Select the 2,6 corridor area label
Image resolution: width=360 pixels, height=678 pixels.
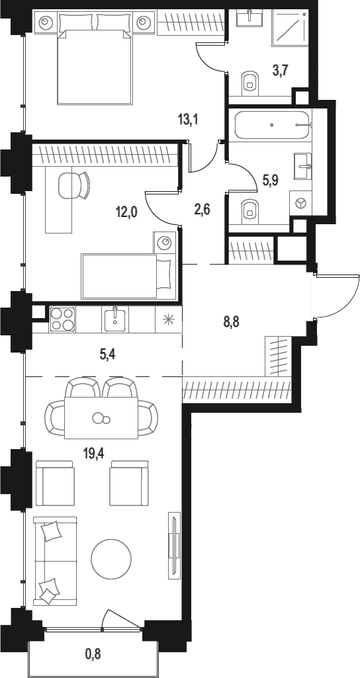(x=202, y=210)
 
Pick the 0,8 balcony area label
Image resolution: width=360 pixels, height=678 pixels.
(x=93, y=652)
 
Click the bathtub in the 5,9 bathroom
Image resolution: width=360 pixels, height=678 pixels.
(x=273, y=124)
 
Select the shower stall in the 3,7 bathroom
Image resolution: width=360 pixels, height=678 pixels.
(x=289, y=27)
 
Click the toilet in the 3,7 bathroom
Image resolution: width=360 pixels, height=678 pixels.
(x=249, y=81)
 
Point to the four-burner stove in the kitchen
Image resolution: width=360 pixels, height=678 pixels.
(x=63, y=319)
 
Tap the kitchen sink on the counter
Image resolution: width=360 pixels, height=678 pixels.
(x=115, y=319)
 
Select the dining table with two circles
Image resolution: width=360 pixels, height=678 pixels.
(x=101, y=418)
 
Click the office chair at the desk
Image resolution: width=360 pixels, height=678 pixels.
(x=73, y=185)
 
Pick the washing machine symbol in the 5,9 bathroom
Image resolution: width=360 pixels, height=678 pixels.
(x=299, y=202)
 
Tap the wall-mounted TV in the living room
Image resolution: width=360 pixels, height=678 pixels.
(x=174, y=545)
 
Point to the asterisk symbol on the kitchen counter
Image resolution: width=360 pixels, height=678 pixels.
(x=167, y=319)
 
